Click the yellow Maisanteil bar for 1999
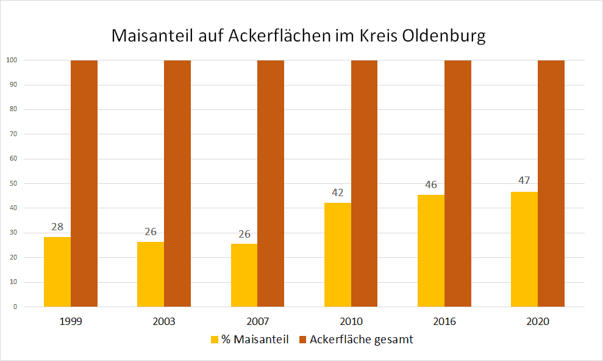(57, 272)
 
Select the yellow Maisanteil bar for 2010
(337, 255)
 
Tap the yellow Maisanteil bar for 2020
(524, 249)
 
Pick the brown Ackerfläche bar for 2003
(177, 183)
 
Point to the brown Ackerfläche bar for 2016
(458, 183)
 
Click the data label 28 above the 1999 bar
(57, 227)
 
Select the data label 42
(337, 192)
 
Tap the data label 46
(431, 184)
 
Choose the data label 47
(524, 181)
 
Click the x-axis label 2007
(258, 321)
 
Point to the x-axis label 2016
(444, 321)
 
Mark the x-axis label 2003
(164, 321)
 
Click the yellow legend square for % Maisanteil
(215, 340)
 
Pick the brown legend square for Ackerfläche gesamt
(302, 340)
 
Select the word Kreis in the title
(379, 36)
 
